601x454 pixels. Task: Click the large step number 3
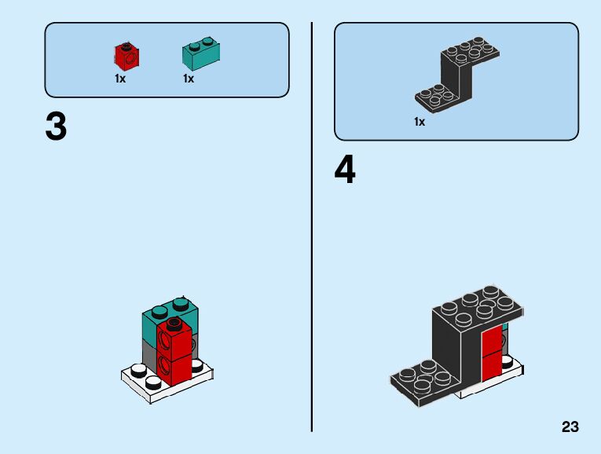tap(56, 128)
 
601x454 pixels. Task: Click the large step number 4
tap(345, 170)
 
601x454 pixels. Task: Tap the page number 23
tap(570, 427)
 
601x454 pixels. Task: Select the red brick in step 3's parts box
tap(127, 56)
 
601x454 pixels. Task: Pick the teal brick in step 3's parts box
tap(201, 53)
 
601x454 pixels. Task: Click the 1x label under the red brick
tap(120, 79)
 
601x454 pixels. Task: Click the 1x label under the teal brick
tap(189, 79)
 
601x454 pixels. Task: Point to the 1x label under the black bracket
tap(420, 122)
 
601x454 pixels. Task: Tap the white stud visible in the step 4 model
tap(508, 361)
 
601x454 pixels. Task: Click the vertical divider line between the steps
tap(312, 227)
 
